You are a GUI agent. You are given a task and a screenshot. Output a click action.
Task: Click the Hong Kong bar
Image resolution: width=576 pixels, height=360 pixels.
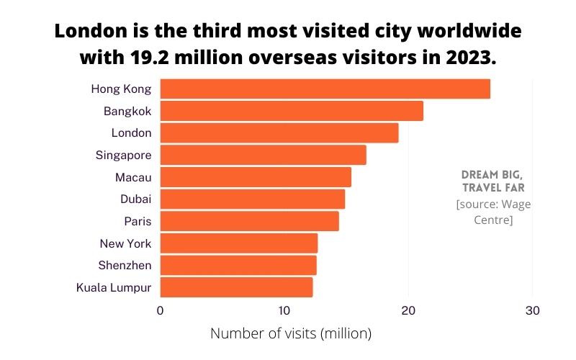pyautogui.click(x=325, y=89)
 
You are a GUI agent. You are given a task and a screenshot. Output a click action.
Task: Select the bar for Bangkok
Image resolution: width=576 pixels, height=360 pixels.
pyautogui.click(x=292, y=111)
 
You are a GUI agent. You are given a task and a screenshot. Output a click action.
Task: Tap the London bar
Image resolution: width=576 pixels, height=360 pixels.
pyautogui.click(x=279, y=132)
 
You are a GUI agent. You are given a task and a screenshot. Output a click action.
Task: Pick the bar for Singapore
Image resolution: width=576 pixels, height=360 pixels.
pyautogui.click(x=263, y=155)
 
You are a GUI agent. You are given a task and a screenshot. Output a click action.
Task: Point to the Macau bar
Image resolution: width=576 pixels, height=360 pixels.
pyautogui.click(x=256, y=176)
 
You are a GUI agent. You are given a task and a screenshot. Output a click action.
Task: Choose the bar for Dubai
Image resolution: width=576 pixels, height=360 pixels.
pyautogui.click(x=252, y=199)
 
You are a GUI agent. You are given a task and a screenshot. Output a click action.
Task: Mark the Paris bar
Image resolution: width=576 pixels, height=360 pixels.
pyautogui.click(x=249, y=220)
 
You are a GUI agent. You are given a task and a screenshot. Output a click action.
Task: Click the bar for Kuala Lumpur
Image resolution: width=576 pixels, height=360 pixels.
pyautogui.click(x=236, y=287)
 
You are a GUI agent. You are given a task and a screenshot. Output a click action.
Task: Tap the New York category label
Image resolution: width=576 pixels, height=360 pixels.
pyautogui.click(x=125, y=243)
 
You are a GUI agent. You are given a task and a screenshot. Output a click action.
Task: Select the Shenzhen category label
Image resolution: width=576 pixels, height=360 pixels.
pyautogui.click(x=125, y=265)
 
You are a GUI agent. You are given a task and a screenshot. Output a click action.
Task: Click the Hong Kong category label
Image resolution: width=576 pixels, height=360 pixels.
pyautogui.click(x=121, y=89)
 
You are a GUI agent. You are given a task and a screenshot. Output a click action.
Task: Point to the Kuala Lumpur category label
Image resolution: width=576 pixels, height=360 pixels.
pyautogui.click(x=114, y=287)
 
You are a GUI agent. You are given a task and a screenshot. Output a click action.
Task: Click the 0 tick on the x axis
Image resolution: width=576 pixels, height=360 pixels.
pyautogui.click(x=160, y=310)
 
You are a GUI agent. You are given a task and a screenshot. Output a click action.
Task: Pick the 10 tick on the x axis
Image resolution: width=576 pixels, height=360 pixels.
pyautogui.click(x=284, y=310)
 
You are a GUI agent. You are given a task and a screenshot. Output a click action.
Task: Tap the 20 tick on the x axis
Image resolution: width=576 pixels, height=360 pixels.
pyautogui.click(x=408, y=310)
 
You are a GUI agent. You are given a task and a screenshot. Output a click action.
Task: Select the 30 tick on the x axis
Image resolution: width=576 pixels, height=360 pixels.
pyautogui.click(x=532, y=310)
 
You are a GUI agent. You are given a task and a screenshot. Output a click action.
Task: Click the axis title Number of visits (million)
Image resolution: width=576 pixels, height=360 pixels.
pyautogui.click(x=290, y=333)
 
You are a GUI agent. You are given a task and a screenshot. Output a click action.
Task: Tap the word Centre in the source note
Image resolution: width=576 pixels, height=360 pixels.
pyautogui.click(x=493, y=220)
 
